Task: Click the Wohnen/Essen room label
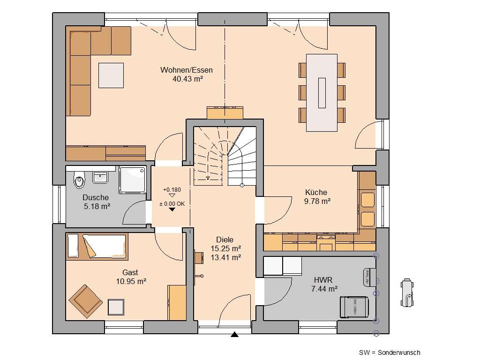tap(187, 70)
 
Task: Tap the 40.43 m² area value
tap(187, 79)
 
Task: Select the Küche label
tap(316, 192)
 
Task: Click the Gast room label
tap(130, 272)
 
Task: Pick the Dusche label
tap(96, 197)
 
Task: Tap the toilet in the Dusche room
tap(79, 179)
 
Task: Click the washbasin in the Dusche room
tap(101, 177)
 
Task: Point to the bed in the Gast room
tap(97, 246)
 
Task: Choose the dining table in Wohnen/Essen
tap(322, 93)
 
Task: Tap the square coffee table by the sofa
tap(112, 75)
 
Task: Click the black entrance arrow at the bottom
tap(234, 334)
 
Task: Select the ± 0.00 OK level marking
tap(172, 203)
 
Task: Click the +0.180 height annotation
tap(171, 189)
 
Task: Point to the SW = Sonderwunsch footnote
tap(390, 352)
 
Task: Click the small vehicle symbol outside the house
tap(407, 294)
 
